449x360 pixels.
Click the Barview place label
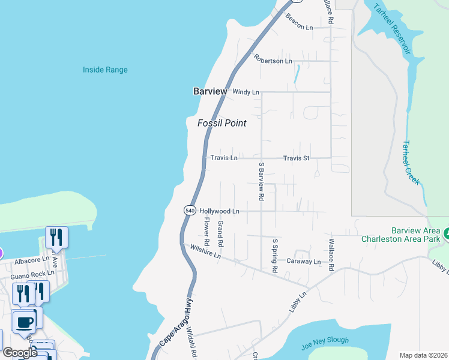click(x=210, y=92)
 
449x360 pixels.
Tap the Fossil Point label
click(x=222, y=123)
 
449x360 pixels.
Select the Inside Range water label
click(x=105, y=70)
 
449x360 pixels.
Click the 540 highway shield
click(x=190, y=211)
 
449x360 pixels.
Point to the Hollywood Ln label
click(x=219, y=211)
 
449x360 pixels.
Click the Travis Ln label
click(x=224, y=158)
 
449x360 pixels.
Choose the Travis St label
click(x=296, y=158)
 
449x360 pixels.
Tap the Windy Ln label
click(x=246, y=92)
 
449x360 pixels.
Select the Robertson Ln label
click(x=273, y=60)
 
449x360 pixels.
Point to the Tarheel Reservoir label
click(x=392, y=29)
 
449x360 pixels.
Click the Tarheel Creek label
click(x=411, y=161)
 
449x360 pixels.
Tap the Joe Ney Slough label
click(x=325, y=341)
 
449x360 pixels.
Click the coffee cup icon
click(x=24, y=322)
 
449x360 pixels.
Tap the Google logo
click(x=20, y=352)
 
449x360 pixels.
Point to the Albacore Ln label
click(x=31, y=260)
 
